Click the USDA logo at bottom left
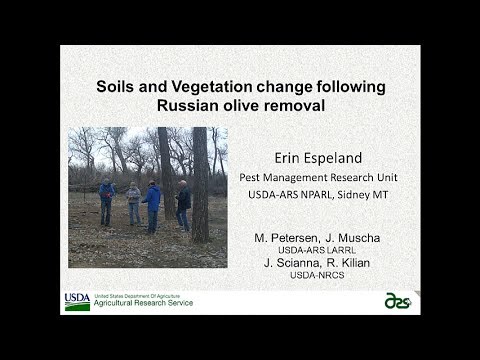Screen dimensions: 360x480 tap(77, 301)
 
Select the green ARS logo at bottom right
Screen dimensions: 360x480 tap(400, 300)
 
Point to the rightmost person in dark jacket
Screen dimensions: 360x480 tap(183, 205)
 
